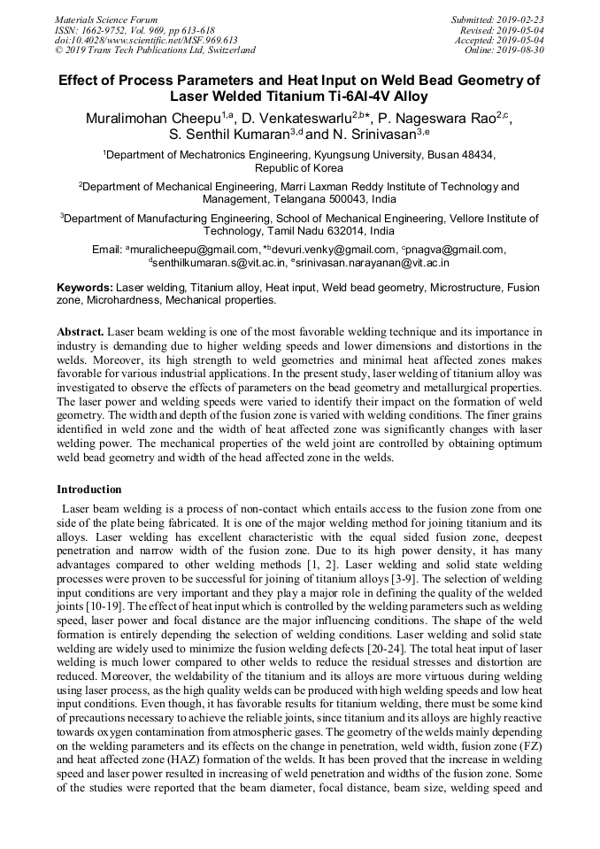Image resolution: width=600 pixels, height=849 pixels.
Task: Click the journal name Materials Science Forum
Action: tap(106, 19)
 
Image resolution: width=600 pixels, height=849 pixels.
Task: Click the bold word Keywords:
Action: tap(85, 288)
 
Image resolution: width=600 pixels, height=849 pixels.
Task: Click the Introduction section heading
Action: tap(89, 490)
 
